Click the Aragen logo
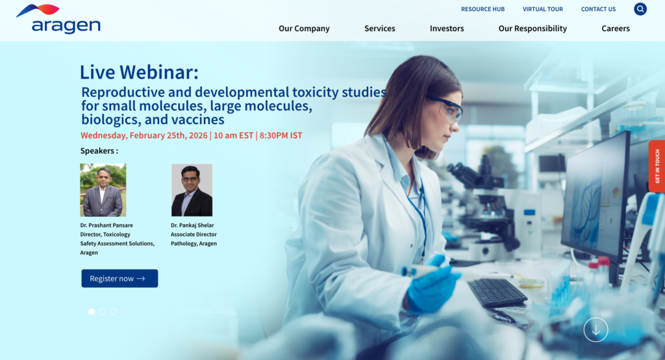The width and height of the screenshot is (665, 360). [x=58, y=19]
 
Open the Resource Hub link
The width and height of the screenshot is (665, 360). [x=483, y=9]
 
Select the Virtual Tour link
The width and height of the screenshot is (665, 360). [x=542, y=9]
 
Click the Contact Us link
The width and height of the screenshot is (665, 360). [x=598, y=9]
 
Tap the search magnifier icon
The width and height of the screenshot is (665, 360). [x=640, y=9]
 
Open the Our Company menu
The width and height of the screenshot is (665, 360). [x=304, y=29]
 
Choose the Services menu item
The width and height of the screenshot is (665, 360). [x=379, y=29]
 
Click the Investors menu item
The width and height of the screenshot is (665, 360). [x=447, y=29]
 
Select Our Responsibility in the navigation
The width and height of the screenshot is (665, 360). [x=533, y=29]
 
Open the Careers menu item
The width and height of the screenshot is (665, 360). [x=615, y=29]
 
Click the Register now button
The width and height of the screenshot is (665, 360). [x=119, y=278]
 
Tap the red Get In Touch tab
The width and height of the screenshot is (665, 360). [x=657, y=166]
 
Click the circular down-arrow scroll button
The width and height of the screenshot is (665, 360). [x=596, y=329]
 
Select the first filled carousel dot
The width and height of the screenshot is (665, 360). [x=92, y=312]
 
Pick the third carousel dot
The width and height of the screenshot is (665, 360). [x=114, y=312]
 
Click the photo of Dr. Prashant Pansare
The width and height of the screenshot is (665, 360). [x=103, y=190]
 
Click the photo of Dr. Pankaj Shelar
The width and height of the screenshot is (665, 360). [x=192, y=190]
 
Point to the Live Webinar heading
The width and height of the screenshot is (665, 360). [x=139, y=71]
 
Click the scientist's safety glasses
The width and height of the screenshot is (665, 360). [x=447, y=107]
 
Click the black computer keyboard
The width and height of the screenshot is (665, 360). [x=497, y=293]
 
